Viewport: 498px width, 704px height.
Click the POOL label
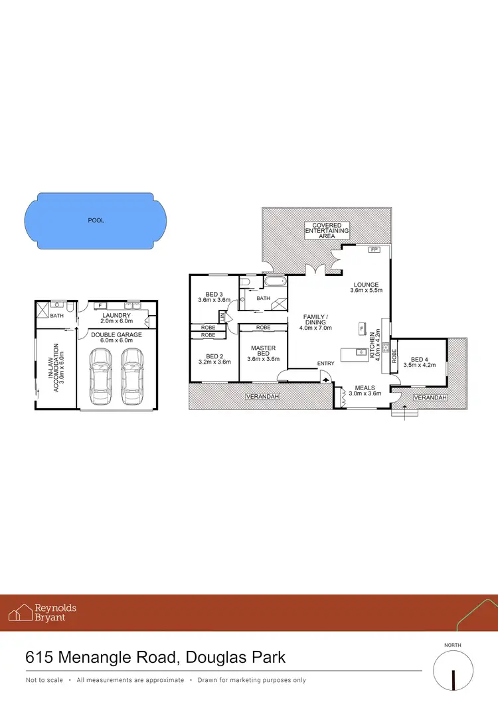[x=96, y=220]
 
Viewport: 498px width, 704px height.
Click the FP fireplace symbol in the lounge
[x=374, y=249]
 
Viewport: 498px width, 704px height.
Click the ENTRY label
[x=326, y=363]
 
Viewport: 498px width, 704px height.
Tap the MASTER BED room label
[x=263, y=351]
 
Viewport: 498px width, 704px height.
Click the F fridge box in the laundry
[x=99, y=306]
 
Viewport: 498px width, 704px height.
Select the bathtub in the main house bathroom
[x=274, y=283]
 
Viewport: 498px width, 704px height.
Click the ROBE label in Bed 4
[x=394, y=358]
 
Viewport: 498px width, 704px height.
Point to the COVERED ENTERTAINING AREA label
[x=327, y=231]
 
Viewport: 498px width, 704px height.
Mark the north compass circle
[x=454, y=671]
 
